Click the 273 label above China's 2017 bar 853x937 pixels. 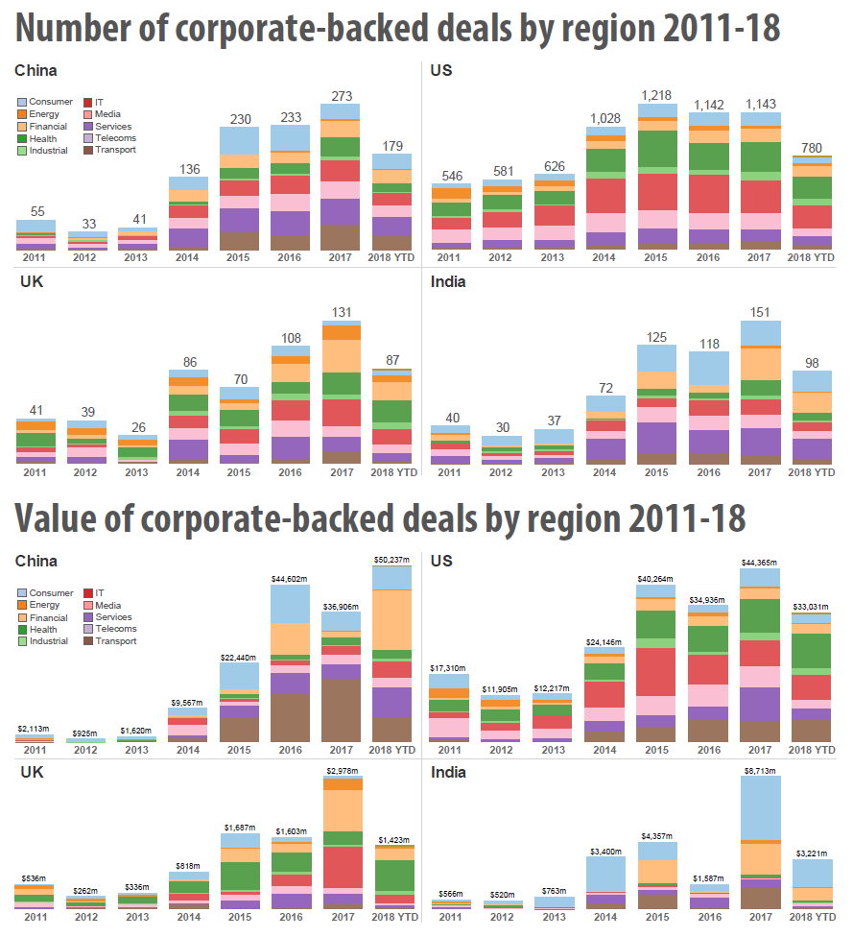click(x=341, y=95)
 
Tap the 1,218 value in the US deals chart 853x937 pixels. click(x=657, y=95)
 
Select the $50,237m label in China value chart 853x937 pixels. click(x=391, y=559)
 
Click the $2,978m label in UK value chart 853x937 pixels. click(x=341, y=772)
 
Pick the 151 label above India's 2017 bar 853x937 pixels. click(x=761, y=311)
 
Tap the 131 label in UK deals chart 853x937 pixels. click(x=341, y=312)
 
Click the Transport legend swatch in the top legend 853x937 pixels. click(x=86, y=150)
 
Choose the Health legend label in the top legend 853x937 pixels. click(x=43, y=138)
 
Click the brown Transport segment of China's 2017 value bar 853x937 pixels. click(x=341, y=710)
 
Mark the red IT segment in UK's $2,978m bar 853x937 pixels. click(x=341, y=874)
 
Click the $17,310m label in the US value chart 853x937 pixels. click(x=449, y=667)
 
